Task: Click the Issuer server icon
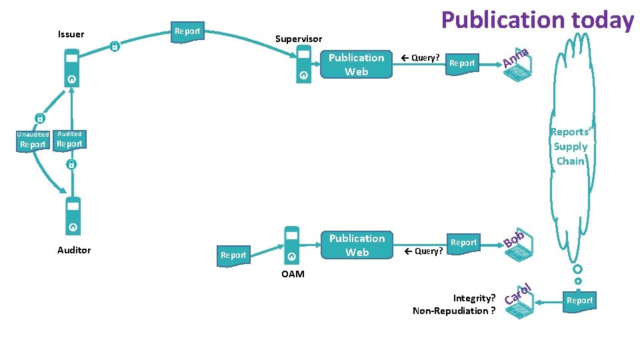(x=72, y=68)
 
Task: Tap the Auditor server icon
(x=73, y=216)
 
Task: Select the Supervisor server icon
(x=304, y=64)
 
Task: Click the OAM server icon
(x=291, y=245)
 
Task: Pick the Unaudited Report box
(x=33, y=141)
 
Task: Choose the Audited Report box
(x=69, y=141)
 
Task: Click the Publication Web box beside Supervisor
(x=356, y=65)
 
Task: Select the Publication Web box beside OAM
(x=357, y=245)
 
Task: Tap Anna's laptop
(x=517, y=68)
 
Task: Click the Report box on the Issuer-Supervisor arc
(x=187, y=32)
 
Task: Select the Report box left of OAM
(x=233, y=256)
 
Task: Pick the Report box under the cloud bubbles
(x=579, y=301)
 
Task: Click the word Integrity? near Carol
(x=474, y=299)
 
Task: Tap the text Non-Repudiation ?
(x=454, y=311)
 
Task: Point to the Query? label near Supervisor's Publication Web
(x=421, y=58)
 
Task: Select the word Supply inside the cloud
(x=571, y=147)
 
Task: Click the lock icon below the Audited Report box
(x=71, y=164)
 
